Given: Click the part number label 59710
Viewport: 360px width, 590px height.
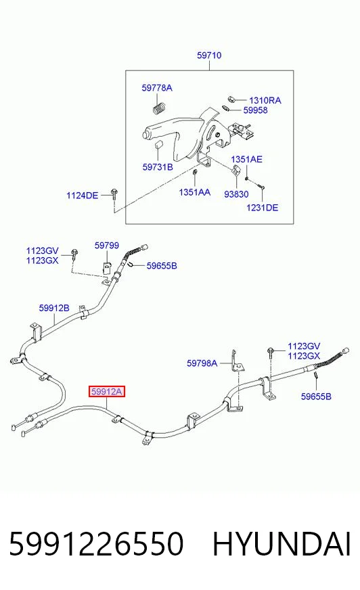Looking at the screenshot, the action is pos(209,55).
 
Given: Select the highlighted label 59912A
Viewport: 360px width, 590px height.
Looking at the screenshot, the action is pos(107,392).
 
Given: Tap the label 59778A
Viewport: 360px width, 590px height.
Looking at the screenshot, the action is pos(157,88).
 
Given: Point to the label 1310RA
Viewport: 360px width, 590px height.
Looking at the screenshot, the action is pos(265,100).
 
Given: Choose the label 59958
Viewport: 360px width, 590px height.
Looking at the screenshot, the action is pos(255,110).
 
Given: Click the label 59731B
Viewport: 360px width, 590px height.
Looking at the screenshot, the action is pos(158,166).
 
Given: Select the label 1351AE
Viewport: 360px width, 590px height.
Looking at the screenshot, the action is pos(246,159).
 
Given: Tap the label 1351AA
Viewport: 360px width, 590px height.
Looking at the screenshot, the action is pos(194,192).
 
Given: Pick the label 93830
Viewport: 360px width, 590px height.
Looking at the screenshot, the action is pos(236,194).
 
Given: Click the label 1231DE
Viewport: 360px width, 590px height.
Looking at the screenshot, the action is pos(262,207).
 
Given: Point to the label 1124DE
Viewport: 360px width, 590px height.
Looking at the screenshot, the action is pos(82,196).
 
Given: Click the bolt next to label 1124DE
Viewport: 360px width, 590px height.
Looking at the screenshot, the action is pos(113,194).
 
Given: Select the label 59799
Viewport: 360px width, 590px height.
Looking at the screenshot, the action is pos(107,246).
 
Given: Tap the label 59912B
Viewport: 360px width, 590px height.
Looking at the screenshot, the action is pos(54,308).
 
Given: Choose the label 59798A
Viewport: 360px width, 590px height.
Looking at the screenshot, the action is pos(202,363).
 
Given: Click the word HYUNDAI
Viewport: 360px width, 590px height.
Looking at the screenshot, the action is pos(282,544).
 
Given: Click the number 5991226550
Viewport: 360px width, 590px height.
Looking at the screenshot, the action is pos(96,544).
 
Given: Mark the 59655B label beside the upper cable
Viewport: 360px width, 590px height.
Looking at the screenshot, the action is pos(162,266).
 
